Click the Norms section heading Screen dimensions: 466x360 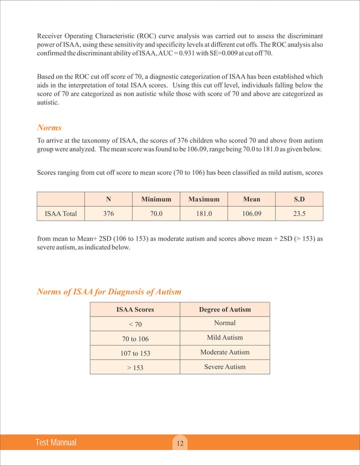pyautogui.click(x=49, y=128)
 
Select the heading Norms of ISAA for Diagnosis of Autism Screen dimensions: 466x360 pyautogui.click(x=109, y=292)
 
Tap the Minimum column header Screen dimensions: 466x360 pyautogui.click(x=156, y=199)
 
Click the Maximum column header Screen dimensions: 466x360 pyautogui.click(x=204, y=199)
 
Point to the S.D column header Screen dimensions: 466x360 pyautogui.click(x=299, y=199)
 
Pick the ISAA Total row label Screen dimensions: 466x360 pyautogui.click(x=61, y=214)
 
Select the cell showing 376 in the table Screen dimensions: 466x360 pyautogui.click(x=108, y=214)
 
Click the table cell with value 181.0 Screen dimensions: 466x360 pyautogui.click(x=204, y=214)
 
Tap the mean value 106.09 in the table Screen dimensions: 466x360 pyautogui.click(x=251, y=214)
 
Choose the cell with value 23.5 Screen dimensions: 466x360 pyautogui.click(x=299, y=214)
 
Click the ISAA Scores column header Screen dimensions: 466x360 pyautogui.click(x=135, y=309)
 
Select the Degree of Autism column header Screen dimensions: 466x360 pyautogui.click(x=225, y=309)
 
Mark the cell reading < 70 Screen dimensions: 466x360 pyautogui.click(x=135, y=324)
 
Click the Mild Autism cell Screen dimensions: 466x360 pyautogui.click(x=225, y=337)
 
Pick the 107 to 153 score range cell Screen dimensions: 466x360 pyautogui.click(x=135, y=353)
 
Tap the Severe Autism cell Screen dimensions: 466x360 pyautogui.click(x=225, y=367)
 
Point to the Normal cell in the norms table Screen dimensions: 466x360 pyautogui.click(x=225, y=323)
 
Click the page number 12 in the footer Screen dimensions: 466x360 pyautogui.click(x=180, y=443)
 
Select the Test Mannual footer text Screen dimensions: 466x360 pyautogui.click(x=55, y=443)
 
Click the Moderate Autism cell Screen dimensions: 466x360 pyautogui.click(x=225, y=352)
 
